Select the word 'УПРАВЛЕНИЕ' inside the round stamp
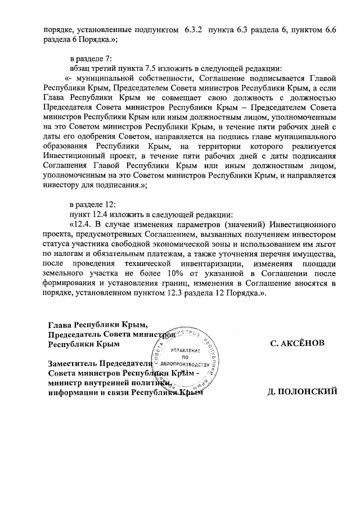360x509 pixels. coord(183,349)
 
